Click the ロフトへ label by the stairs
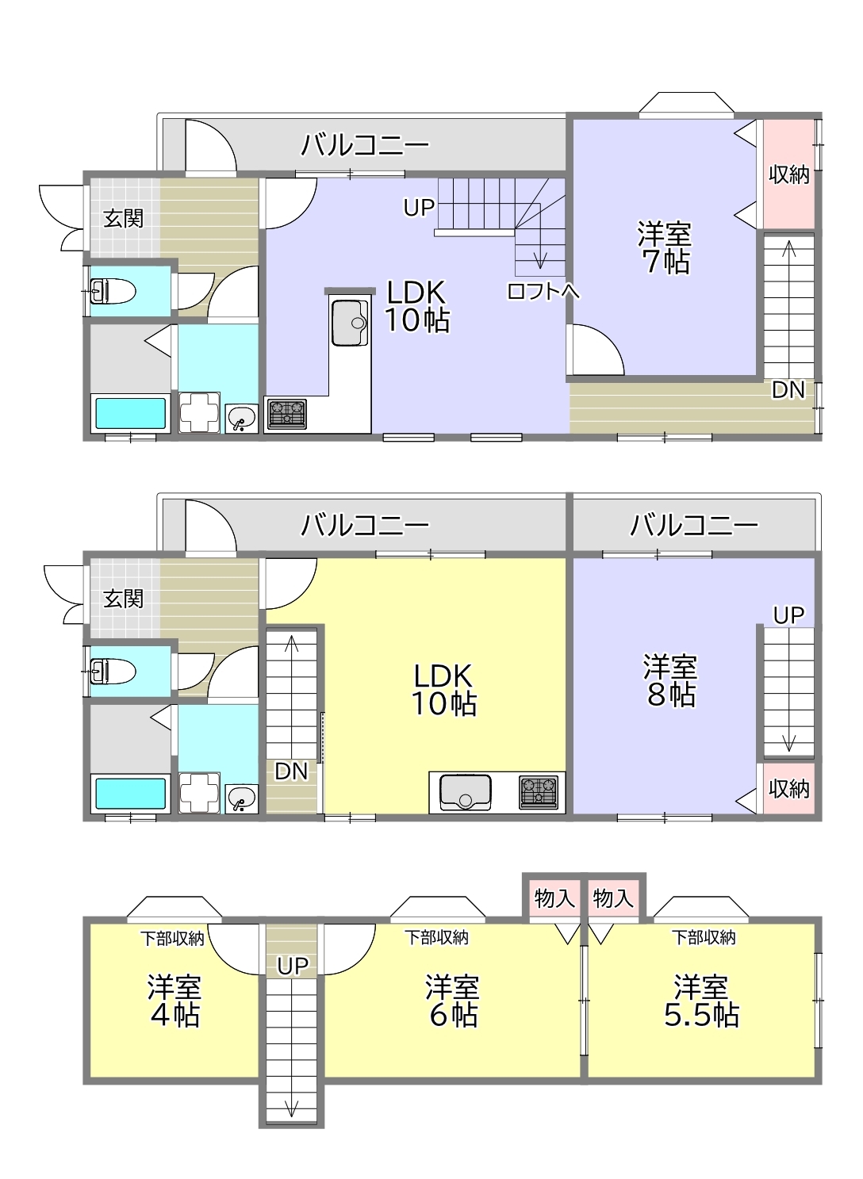tap(543, 290)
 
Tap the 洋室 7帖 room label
tap(665, 247)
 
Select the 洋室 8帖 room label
tap(670, 680)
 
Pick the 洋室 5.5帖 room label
tap(701, 1001)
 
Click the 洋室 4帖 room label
tap(175, 1001)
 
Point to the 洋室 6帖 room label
tap(452, 1001)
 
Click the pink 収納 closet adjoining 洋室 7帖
tap(788, 174)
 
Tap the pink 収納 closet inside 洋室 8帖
tap(788, 788)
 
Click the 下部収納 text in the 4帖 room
tap(171, 939)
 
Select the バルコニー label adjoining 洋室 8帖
tap(694, 525)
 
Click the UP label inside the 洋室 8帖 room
tap(788, 614)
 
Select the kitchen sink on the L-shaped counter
tap(350, 323)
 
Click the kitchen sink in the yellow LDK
tap(466, 792)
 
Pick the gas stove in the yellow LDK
tap(539, 792)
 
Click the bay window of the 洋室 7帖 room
tap(687, 102)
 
